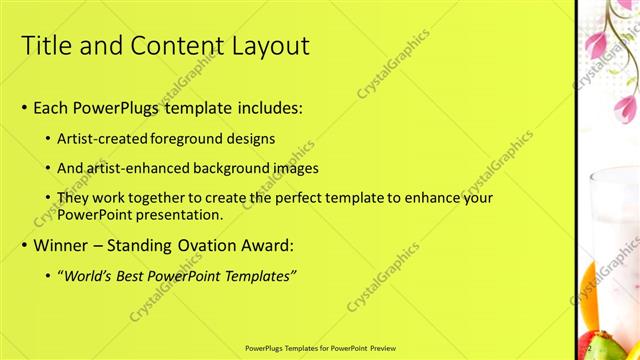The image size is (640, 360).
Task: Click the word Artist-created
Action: [110, 138]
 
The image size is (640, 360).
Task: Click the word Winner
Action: [63, 245]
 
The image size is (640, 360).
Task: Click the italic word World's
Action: [88, 275]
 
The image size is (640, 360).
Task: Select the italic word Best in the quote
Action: [130, 275]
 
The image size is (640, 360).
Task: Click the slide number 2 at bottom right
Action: [590, 347]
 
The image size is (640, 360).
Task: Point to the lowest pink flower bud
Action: [625, 108]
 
